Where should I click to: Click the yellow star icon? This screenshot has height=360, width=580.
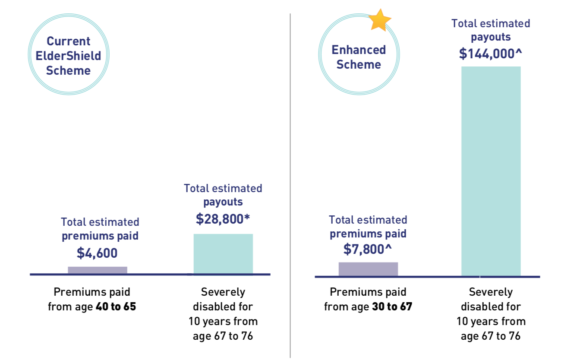click(x=379, y=20)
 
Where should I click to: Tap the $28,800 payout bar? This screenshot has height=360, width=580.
click(x=223, y=254)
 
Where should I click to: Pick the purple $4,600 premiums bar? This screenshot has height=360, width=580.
click(x=98, y=270)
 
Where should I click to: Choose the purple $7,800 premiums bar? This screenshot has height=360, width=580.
click(x=368, y=269)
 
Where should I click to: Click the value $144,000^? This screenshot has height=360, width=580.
click(x=491, y=54)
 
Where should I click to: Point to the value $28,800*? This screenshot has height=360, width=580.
click(x=223, y=219)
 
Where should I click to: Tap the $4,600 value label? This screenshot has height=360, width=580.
click(x=97, y=253)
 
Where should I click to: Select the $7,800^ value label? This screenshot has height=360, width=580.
click(x=368, y=249)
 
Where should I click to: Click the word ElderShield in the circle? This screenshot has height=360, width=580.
click(x=69, y=56)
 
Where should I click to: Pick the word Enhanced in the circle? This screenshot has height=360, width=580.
click(x=359, y=50)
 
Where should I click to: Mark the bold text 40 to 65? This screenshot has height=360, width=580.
click(x=116, y=307)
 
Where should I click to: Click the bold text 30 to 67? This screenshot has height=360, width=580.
click(x=392, y=307)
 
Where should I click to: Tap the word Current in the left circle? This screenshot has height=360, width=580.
click(x=69, y=41)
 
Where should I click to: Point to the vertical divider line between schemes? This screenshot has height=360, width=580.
click(x=290, y=186)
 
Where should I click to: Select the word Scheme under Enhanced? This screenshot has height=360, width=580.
click(x=359, y=65)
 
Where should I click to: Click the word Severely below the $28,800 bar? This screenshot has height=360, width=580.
click(x=223, y=292)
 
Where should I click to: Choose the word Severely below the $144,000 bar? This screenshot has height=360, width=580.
click(x=491, y=292)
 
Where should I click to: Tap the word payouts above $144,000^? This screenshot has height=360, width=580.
click(x=491, y=37)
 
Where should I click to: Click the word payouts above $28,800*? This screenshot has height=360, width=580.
click(x=223, y=202)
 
